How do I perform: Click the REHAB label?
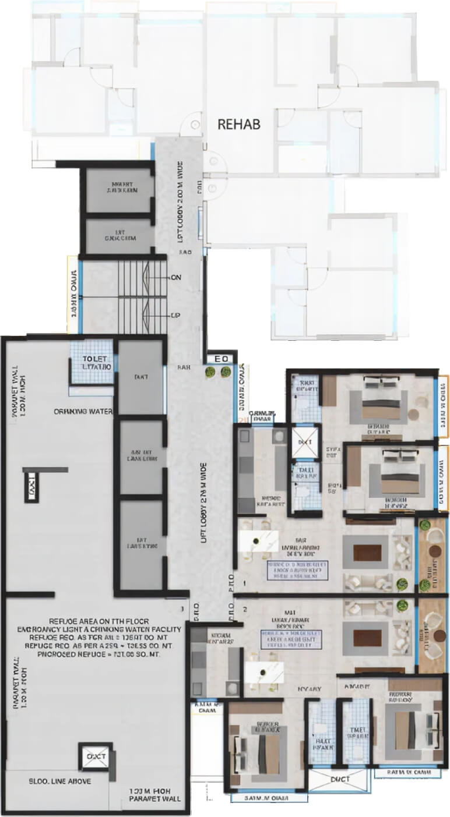(238, 124)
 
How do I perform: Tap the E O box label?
(222, 359)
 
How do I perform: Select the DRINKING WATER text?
(83, 411)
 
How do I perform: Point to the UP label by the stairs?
(174, 314)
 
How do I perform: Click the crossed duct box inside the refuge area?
(96, 756)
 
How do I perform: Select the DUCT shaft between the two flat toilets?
(337, 778)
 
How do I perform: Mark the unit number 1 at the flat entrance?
(245, 582)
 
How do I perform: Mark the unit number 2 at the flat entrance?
(245, 609)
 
